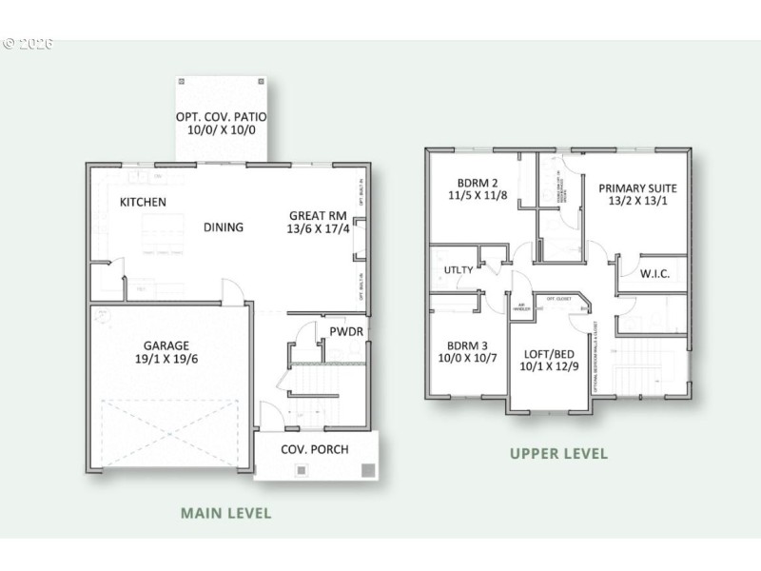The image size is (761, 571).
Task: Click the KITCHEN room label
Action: coord(144,202)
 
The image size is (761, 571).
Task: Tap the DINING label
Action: coord(224,227)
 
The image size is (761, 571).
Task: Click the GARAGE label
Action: coord(167,345)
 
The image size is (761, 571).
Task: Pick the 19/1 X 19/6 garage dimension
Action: coord(167,361)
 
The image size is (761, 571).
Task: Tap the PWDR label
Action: coord(347,332)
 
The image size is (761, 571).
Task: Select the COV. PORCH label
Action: coord(315,449)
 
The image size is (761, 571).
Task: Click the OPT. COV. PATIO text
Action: coord(222,117)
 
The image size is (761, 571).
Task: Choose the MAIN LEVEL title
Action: coord(225,513)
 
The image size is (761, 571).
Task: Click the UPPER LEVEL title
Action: coord(558,454)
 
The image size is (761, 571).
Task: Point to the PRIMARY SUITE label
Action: coord(635,188)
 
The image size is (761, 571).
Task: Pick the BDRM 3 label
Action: coord(467,345)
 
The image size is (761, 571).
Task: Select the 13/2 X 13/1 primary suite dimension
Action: coord(635,203)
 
